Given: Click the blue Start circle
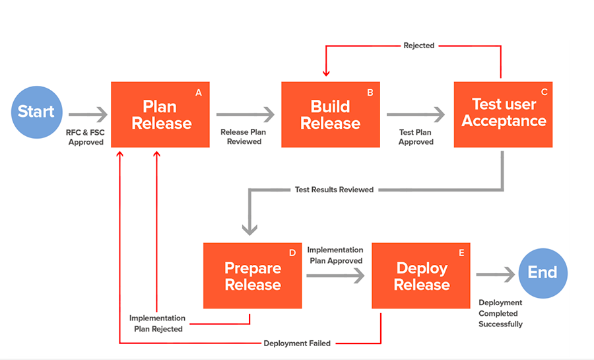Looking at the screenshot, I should click(37, 112).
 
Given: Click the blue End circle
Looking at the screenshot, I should click(543, 273).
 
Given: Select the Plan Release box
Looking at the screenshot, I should click(161, 114).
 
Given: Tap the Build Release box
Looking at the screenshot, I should click(331, 114).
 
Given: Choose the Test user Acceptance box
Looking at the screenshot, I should click(504, 114).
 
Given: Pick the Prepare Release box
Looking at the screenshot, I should click(252, 275).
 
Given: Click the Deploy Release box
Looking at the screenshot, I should click(421, 275).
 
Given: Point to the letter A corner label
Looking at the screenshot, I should click(198, 92).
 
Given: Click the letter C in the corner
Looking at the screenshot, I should click(544, 92).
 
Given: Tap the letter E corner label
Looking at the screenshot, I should click(461, 253).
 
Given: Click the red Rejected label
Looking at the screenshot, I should click(419, 46).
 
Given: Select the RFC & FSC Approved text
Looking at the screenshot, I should click(85, 137).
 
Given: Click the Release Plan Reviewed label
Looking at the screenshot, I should click(243, 137).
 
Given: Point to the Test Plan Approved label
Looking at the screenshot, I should click(416, 137).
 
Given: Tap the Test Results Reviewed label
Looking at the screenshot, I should click(334, 190).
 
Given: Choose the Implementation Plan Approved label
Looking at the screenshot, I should click(335, 255).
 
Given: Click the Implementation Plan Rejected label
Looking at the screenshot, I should click(158, 323).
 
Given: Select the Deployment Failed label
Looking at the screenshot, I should click(297, 343).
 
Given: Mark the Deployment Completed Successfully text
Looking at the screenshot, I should click(500, 313).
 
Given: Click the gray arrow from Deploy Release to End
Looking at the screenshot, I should click(495, 273).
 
